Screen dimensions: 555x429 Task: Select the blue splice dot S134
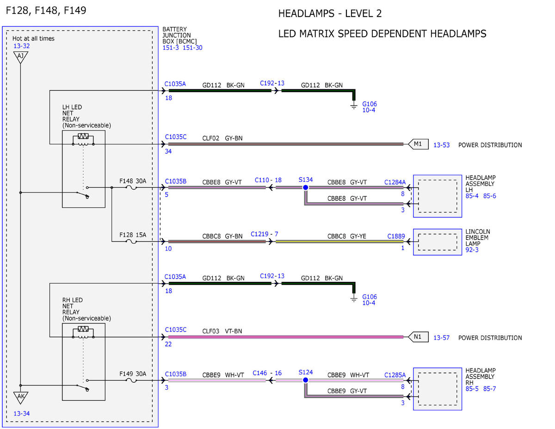305,187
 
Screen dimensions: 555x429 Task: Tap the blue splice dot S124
305,380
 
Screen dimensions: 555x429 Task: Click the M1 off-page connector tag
419,144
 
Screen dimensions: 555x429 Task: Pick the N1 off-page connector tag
419,337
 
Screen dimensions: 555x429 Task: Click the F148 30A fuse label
133,181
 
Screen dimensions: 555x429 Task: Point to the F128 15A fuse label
133,235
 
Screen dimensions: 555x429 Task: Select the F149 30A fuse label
133,374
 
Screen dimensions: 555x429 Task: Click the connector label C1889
396,236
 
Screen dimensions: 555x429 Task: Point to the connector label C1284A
395,182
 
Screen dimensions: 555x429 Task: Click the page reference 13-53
441,145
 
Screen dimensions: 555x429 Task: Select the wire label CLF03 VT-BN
222,331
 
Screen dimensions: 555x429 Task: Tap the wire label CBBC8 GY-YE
346,236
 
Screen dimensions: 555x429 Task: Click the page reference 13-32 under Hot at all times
21,46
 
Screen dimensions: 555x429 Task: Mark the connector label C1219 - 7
264,234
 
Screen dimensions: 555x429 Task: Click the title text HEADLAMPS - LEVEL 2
330,13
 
